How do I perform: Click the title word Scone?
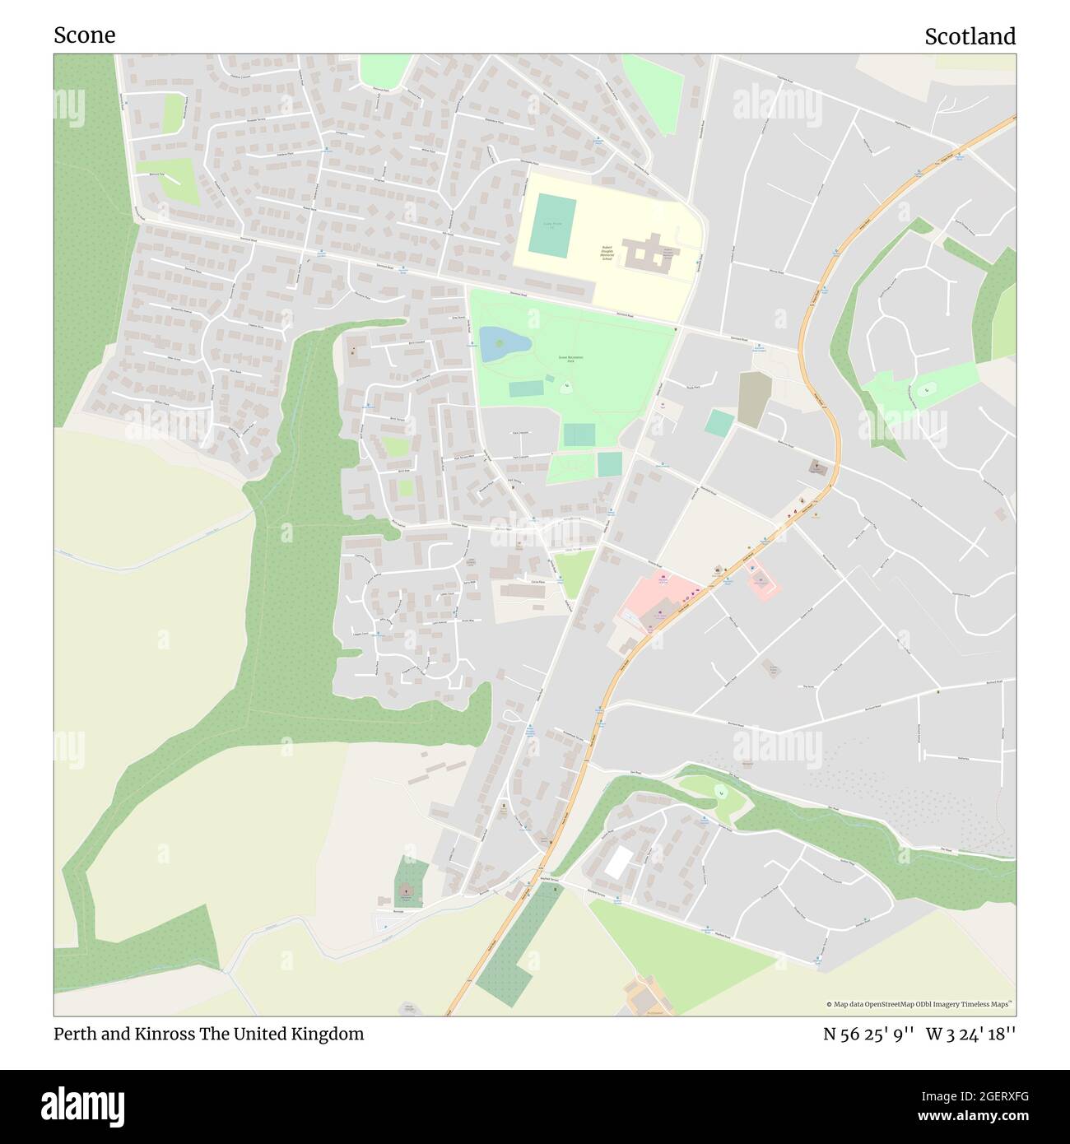pyautogui.click(x=84, y=35)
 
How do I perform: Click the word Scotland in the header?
pyautogui.click(x=970, y=36)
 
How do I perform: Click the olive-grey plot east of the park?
pyautogui.click(x=751, y=399)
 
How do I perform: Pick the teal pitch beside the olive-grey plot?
pyautogui.click(x=719, y=424)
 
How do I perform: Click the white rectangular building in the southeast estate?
pyautogui.click(x=618, y=862)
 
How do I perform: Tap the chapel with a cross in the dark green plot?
pyautogui.click(x=405, y=892)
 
